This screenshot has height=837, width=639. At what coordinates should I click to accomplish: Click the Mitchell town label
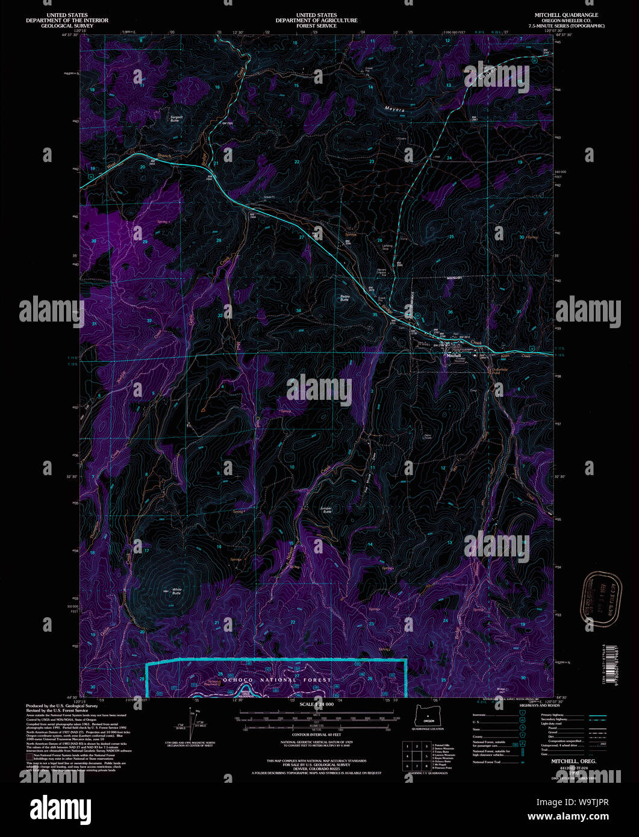454,356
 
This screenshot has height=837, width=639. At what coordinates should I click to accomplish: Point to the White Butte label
176,591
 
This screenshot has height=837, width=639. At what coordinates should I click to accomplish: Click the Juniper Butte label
326,509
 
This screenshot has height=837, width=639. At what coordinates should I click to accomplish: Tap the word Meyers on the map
394,110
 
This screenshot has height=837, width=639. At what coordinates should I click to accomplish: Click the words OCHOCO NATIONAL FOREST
277,680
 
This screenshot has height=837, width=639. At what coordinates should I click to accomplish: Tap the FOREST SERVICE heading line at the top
316,26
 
